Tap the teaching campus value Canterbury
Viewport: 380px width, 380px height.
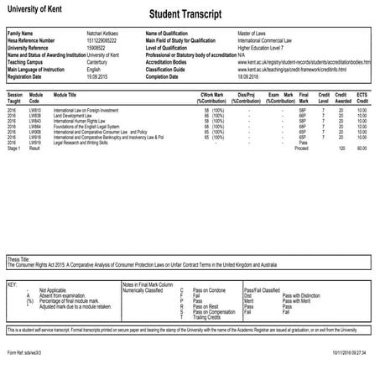100,61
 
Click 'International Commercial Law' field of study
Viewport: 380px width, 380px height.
270,39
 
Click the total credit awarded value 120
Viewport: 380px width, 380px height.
341,148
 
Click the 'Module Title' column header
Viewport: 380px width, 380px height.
65,96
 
